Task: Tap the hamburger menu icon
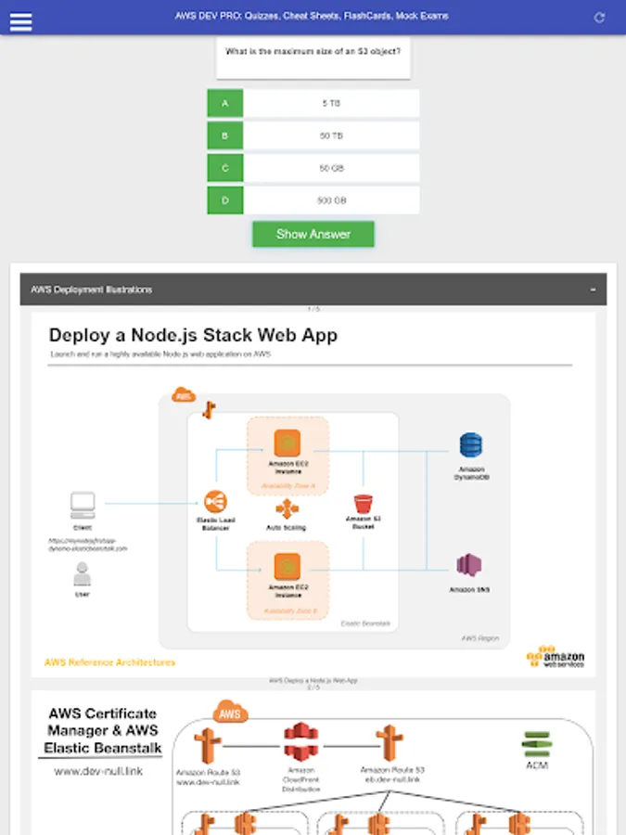click(20, 20)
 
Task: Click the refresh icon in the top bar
click(599, 18)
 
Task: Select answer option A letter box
click(225, 104)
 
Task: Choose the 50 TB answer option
click(331, 136)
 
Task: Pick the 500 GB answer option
click(331, 200)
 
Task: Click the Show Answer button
click(313, 234)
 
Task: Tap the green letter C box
click(225, 169)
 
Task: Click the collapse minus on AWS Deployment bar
click(593, 289)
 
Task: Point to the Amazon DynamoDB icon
click(471, 445)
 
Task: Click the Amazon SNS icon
click(468, 565)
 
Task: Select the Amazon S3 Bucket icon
click(364, 504)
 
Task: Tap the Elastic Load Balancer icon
click(217, 502)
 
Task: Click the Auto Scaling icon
click(287, 509)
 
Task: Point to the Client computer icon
click(83, 506)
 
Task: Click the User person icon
click(83, 575)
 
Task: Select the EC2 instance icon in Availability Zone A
click(287, 443)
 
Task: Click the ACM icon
click(536, 744)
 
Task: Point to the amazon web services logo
click(556, 656)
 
